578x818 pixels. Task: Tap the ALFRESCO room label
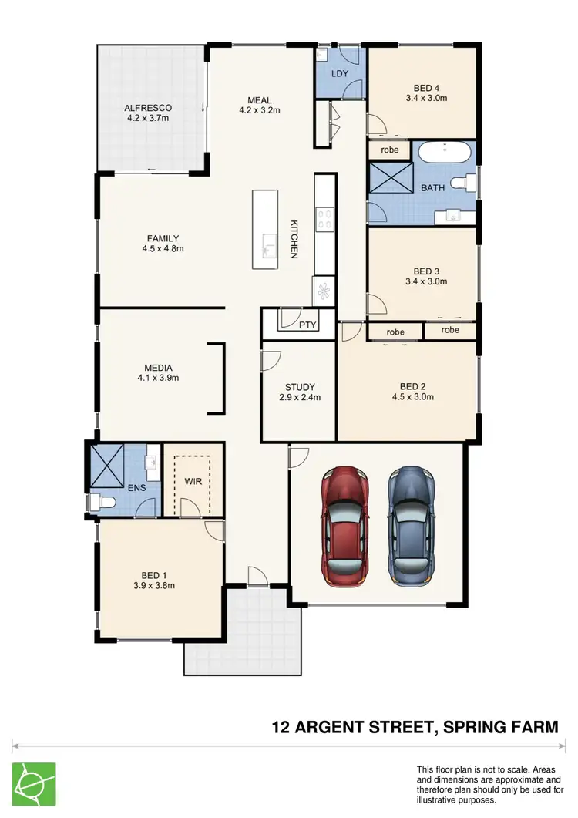(148, 107)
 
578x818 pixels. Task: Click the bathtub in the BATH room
(443, 153)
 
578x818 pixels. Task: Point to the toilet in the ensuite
(101, 503)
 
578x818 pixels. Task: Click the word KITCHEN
(294, 239)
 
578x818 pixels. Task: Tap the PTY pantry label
(307, 326)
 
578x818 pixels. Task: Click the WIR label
(192, 482)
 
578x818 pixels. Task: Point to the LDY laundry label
(340, 74)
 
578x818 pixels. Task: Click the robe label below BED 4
(390, 150)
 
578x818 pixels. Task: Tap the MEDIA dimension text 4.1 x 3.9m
(158, 378)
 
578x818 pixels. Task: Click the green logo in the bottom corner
(34, 785)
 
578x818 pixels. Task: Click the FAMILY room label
(163, 238)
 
